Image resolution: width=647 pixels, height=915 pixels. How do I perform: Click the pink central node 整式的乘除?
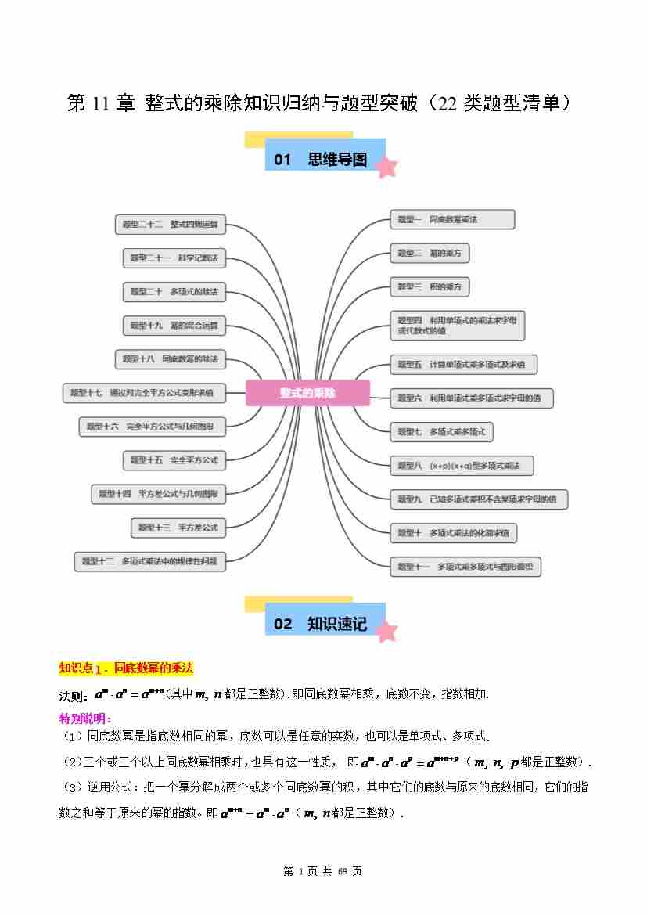coord(307,393)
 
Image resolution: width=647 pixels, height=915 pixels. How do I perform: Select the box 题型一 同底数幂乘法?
coord(452,220)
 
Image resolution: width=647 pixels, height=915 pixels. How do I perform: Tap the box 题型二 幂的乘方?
coord(430,254)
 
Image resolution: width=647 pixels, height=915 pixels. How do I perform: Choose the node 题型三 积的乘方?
coord(430,287)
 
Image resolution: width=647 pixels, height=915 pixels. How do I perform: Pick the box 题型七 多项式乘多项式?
coord(441,431)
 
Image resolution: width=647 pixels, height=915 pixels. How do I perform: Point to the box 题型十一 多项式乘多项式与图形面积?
coord(465,567)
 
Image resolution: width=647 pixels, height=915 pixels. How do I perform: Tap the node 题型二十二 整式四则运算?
coord(170,225)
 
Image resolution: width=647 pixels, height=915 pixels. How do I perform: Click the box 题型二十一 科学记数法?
coord(174,258)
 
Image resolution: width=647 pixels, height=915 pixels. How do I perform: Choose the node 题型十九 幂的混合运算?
coord(174,325)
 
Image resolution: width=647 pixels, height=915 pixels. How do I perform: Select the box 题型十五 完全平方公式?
coord(174,460)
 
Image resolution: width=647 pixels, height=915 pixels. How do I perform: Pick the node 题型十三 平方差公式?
coord(178,528)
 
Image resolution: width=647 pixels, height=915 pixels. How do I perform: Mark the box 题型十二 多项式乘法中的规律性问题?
coord(149,561)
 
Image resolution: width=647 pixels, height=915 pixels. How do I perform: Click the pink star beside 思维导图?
coord(386,166)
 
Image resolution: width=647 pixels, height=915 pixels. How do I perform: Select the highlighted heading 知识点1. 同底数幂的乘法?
coord(126,668)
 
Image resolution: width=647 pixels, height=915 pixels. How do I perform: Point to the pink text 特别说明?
coord(85,718)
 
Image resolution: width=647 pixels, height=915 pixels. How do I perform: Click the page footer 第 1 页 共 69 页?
coord(322,871)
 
